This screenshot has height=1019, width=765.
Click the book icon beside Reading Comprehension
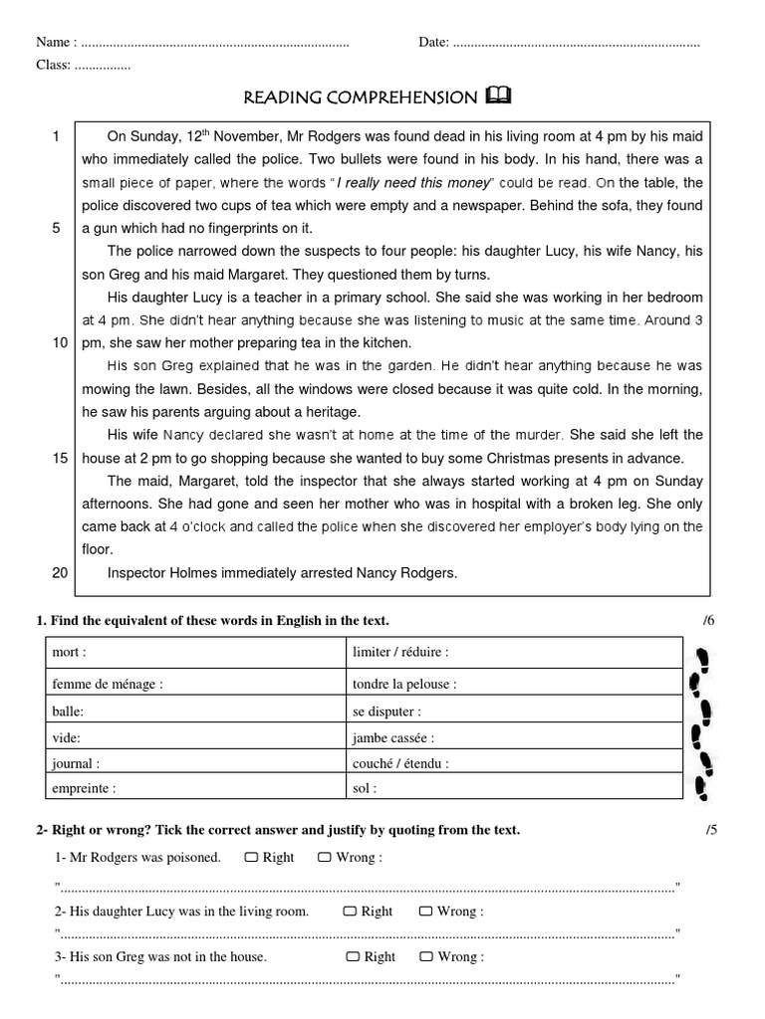[499, 96]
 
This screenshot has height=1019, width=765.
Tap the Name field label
[55, 42]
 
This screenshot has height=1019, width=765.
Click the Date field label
[434, 42]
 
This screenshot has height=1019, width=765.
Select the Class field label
[53, 65]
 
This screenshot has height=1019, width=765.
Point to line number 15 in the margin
[60, 458]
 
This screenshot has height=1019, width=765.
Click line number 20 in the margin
[60, 572]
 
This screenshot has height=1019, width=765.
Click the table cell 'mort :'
[70, 653]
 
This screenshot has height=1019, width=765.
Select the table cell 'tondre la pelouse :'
[404, 685]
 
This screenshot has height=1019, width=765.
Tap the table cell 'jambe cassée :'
[392, 738]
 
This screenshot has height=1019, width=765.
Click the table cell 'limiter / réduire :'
[400, 653]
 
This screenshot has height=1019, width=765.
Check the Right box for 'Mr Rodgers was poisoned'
[251, 857]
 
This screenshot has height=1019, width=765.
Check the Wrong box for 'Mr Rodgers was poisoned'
[325, 857]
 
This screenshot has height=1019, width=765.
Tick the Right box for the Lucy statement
[351, 911]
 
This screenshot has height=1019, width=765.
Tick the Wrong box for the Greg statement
[425, 956]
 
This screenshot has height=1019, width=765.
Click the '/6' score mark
[708, 621]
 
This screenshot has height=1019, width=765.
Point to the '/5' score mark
[710, 830]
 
